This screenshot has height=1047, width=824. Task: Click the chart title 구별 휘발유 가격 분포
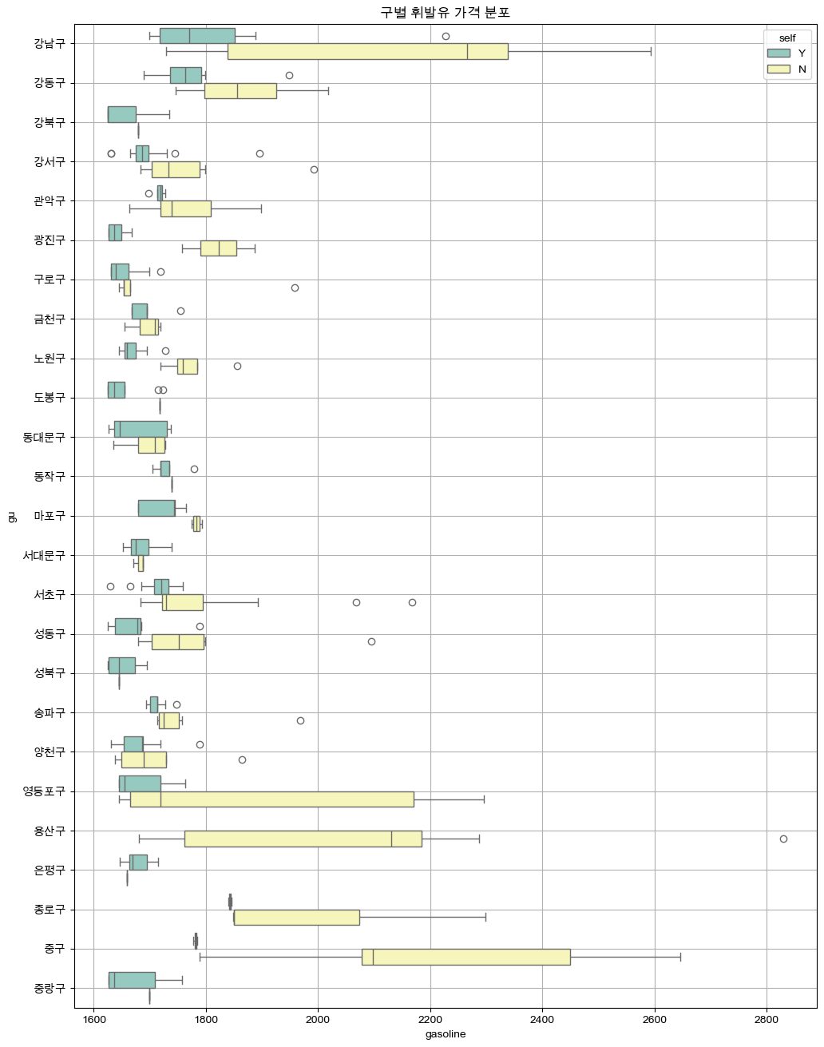coord(445,12)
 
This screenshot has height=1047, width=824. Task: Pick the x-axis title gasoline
coord(445,1034)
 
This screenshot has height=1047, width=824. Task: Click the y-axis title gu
coord(11,515)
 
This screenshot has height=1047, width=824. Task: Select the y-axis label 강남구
coord(50,43)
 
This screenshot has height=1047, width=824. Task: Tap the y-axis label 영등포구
coord(44,791)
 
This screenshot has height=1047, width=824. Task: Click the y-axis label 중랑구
coord(50,988)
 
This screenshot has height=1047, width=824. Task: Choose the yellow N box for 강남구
coord(367,51)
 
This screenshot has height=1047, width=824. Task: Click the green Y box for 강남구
coord(197,35)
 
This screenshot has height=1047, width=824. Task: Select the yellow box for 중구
coord(465,957)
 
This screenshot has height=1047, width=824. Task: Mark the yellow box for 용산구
coord(303,839)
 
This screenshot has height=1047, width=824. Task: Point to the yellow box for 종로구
coord(296,917)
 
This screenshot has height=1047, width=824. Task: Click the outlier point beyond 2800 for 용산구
coord(783,839)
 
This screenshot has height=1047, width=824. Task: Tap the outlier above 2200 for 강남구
coord(446,36)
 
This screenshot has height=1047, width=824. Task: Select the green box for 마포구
coord(156,508)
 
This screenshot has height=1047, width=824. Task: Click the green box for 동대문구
coord(141,429)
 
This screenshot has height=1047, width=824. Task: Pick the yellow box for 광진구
coord(218,248)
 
